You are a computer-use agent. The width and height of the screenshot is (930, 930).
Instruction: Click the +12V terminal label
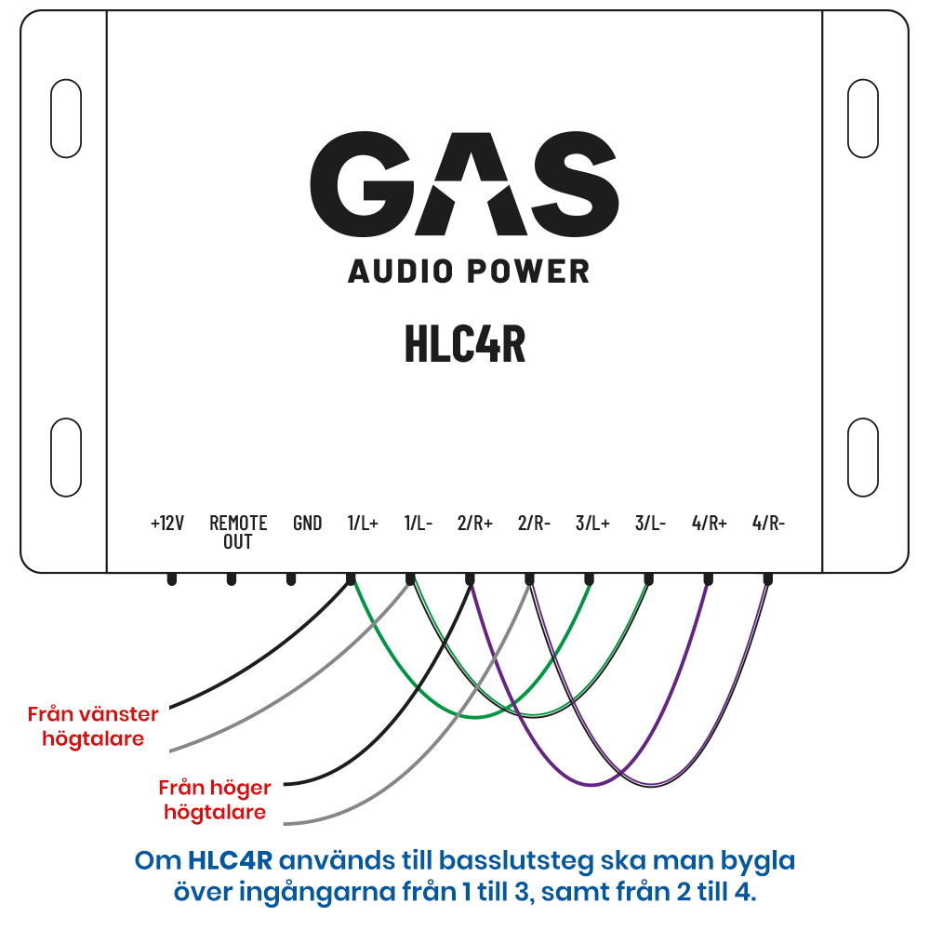click(x=167, y=523)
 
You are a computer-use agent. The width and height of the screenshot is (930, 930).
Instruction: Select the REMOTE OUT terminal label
click(x=238, y=532)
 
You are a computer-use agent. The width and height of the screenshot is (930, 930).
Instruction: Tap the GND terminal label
click(x=307, y=523)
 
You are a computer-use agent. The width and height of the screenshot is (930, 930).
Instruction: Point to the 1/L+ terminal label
click(x=363, y=523)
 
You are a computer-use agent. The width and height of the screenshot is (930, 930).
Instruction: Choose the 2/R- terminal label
click(x=534, y=523)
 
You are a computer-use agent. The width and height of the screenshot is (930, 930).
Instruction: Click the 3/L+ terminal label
click(x=592, y=523)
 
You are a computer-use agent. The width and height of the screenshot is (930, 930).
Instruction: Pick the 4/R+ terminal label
click(x=710, y=523)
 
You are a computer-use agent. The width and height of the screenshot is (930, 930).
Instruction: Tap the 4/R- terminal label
click(x=768, y=523)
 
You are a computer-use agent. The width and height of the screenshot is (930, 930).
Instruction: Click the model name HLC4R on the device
click(x=465, y=343)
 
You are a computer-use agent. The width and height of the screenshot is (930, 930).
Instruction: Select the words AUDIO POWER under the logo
click(x=469, y=272)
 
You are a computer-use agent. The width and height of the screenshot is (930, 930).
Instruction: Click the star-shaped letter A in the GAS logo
click(x=471, y=184)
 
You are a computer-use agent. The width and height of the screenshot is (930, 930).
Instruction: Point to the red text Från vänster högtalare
click(x=93, y=726)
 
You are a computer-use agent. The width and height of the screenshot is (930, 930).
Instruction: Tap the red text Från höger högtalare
click(x=215, y=800)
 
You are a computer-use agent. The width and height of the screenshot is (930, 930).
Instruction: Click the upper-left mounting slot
click(x=66, y=119)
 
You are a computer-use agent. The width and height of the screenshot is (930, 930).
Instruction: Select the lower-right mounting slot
click(x=863, y=458)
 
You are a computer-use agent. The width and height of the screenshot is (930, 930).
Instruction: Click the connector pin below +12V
click(x=172, y=578)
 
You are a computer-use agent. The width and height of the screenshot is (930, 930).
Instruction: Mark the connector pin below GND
click(x=290, y=578)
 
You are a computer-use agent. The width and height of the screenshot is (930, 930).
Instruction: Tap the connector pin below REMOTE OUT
click(x=232, y=578)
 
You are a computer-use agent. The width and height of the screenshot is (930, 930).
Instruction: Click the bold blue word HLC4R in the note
click(x=230, y=860)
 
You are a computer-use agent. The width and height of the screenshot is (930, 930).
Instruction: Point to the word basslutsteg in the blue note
click(x=516, y=861)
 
